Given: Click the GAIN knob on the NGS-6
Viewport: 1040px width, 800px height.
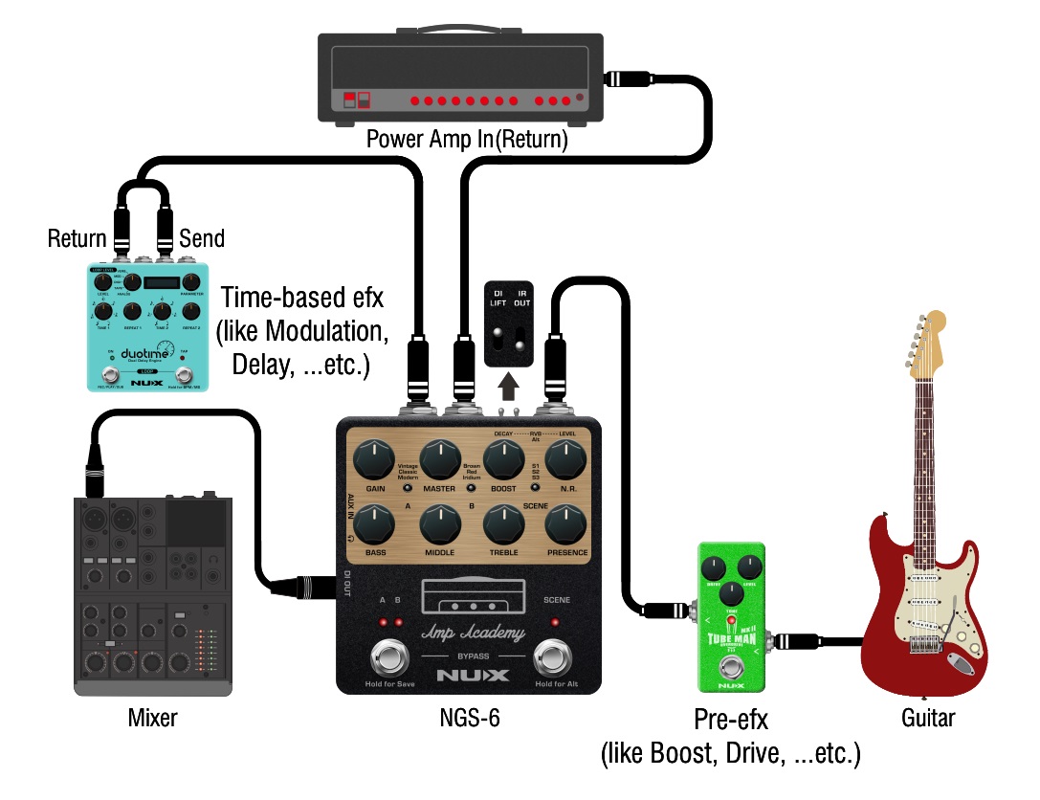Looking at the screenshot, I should [x=373, y=461].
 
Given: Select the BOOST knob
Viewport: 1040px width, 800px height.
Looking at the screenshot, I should [x=502, y=461].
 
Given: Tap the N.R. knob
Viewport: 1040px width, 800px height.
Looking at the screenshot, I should [x=566, y=461].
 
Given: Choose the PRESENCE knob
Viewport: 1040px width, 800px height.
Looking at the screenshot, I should [x=566, y=525].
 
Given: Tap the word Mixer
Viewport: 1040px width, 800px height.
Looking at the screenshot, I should [x=153, y=718].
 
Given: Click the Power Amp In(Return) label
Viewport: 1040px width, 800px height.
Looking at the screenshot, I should [x=467, y=141].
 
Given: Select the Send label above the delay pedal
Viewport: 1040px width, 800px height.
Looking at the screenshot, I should [x=202, y=238].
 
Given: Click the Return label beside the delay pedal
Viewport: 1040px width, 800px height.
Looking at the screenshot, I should [x=77, y=238].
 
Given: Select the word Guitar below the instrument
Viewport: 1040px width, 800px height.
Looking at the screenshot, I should [x=928, y=718].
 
